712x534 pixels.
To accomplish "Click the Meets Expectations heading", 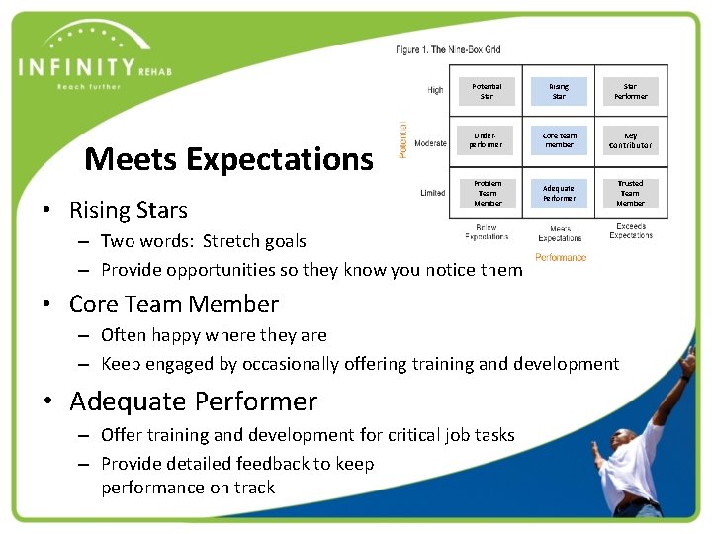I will pos(228,158).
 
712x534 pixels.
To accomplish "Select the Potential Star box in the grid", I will pos(487,91).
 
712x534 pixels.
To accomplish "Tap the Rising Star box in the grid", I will pos(559,91).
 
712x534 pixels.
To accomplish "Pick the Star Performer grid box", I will pos(630,91).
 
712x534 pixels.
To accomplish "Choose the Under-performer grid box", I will pos(487,140).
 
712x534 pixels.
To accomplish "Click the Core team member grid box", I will pos(559,140).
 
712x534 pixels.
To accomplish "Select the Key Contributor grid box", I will pos(630,140).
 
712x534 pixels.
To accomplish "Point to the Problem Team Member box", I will pos(487,193).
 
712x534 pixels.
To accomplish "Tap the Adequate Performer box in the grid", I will pos(559,193).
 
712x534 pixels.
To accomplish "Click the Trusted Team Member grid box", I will pos(630,193).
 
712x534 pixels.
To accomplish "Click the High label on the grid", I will pos(435,90).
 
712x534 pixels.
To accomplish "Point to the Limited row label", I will pos(432,193).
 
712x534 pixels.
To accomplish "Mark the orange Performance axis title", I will pos(561,258).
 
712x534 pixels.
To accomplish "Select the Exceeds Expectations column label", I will pos(631,231).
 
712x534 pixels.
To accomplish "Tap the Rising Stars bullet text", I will pos(129,210).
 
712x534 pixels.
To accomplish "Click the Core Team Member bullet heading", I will pos(174,304).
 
